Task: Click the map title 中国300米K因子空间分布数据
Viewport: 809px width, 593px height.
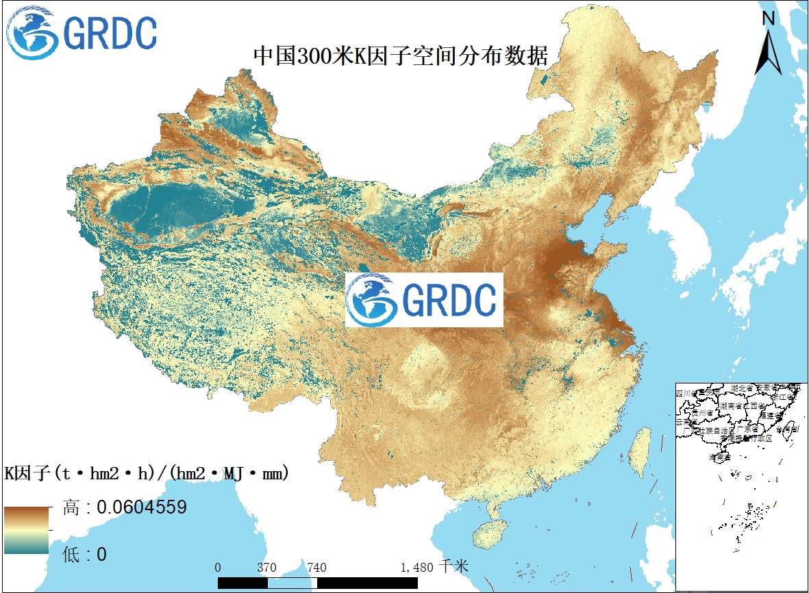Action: click(401, 55)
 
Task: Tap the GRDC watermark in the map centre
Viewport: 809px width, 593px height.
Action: click(424, 300)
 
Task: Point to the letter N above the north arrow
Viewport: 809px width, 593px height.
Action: click(769, 18)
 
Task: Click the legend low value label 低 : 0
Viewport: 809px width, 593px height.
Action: click(84, 554)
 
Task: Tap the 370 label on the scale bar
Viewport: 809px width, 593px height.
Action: click(266, 568)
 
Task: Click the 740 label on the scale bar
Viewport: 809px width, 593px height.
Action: click(316, 568)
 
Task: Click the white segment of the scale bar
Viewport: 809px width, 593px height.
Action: click(292, 582)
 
